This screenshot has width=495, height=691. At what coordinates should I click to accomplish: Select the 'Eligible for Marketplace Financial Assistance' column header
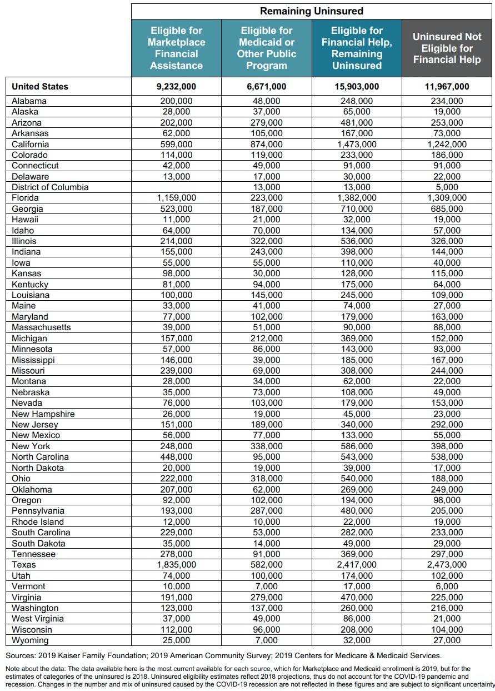(x=176, y=48)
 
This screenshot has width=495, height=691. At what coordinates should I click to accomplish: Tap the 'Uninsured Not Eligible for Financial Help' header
(x=447, y=48)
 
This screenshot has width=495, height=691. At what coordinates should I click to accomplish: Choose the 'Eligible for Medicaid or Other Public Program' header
(x=267, y=48)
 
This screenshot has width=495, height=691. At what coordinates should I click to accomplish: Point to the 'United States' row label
(x=40, y=86)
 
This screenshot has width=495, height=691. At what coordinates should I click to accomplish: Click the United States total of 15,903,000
(x=357, y=86)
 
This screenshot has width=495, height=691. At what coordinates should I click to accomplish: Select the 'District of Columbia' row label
(x=50, y=187)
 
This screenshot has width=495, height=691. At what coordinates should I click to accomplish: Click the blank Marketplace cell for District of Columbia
(x=176, y=187)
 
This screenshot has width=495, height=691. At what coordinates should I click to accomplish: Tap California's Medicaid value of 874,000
(x=267, y=144)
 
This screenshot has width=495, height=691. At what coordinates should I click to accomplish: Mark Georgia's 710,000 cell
(x=357, y=209)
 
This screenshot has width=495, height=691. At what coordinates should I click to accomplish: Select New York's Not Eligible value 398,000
(x=447, y=446)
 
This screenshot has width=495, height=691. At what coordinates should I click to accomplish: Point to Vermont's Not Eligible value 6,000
(x=447, y=586)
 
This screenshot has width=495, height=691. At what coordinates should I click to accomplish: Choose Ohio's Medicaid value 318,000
(x=267, y=479)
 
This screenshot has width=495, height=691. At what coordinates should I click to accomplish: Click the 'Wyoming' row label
(x=30, y=640)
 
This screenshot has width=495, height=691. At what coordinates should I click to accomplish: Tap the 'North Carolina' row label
(x=41, y=457)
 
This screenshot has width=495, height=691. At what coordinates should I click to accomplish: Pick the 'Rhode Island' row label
(x=38, y=522)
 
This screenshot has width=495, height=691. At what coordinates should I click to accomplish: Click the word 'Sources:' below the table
(x=22, y=656)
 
